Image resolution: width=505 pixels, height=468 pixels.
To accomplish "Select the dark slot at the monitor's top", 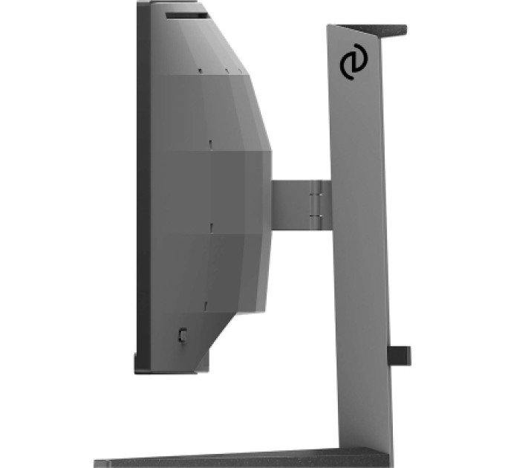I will click(185, 13).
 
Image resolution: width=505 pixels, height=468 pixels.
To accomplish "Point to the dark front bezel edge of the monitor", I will click(143, 186).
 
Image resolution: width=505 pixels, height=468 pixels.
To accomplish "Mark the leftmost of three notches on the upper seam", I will click(201, 71).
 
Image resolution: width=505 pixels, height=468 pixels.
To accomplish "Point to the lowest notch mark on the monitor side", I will click(203, 304).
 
